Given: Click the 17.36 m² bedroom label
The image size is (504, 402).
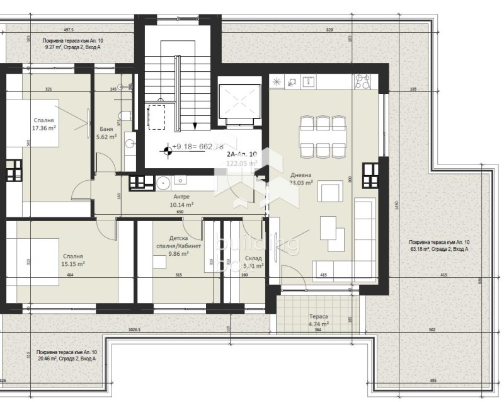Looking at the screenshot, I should (x=44, y=123).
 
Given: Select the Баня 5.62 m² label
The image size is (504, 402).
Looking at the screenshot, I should (x=106, y=132).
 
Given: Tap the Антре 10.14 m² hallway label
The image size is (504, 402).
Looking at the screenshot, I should (x=181, y=200).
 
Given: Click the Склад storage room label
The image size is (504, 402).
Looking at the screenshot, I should (x=254, y=262).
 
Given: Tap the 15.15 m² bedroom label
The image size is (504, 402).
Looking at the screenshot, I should (x=73, y=260).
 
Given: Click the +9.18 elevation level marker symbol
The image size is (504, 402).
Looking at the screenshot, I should (x=167, y=150).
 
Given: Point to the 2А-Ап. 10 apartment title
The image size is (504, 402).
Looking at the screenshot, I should (x=242, y=154).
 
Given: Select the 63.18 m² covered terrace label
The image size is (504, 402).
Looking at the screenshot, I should (x=438, y=246).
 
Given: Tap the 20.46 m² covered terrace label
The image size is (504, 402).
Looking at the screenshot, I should (x=66, y=355).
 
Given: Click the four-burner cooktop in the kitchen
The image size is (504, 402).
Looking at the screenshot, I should (x=362, y=81).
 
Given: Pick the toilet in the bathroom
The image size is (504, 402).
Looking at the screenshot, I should (x=125, y=116).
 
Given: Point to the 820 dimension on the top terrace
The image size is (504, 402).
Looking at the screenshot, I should (x=329, y=30).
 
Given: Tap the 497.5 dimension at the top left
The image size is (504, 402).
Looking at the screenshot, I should (x=69, y=30).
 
